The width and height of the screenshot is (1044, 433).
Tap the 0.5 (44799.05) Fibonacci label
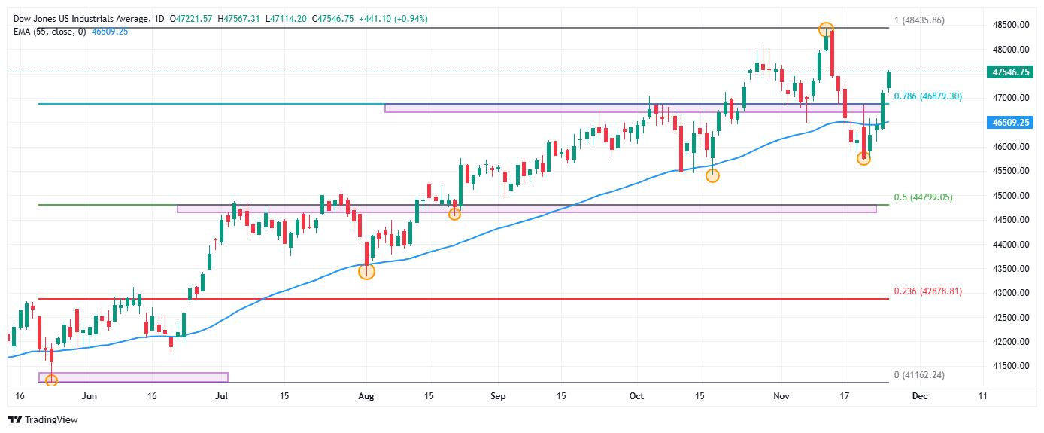tap(923, 197)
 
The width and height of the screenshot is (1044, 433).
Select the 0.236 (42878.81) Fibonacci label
tap(927, 291)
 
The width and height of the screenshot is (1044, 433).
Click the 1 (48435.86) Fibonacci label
tap(922, 20)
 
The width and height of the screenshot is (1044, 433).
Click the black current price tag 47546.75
tap(1011, 72)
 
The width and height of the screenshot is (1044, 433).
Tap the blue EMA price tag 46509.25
tap(1011, 122)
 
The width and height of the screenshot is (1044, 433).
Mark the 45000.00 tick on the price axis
tap(1010, 196)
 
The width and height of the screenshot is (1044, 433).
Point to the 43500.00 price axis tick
tap(1010, 269)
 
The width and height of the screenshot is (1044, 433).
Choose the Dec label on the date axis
tap(920, 395)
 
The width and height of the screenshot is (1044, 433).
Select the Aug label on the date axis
tap(366, 395)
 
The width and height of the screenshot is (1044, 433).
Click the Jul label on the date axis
tap(221, 395)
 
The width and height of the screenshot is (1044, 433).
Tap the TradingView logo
tap(43, 419)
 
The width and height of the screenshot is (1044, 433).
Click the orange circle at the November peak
tap(826, 30)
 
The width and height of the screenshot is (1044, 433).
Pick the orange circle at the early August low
tap(366, 271)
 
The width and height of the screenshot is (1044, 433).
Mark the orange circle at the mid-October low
tap(712, 175)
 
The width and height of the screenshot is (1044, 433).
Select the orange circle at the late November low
tap(863, 158)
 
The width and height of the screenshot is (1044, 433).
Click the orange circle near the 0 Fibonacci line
tap(51, 380)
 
